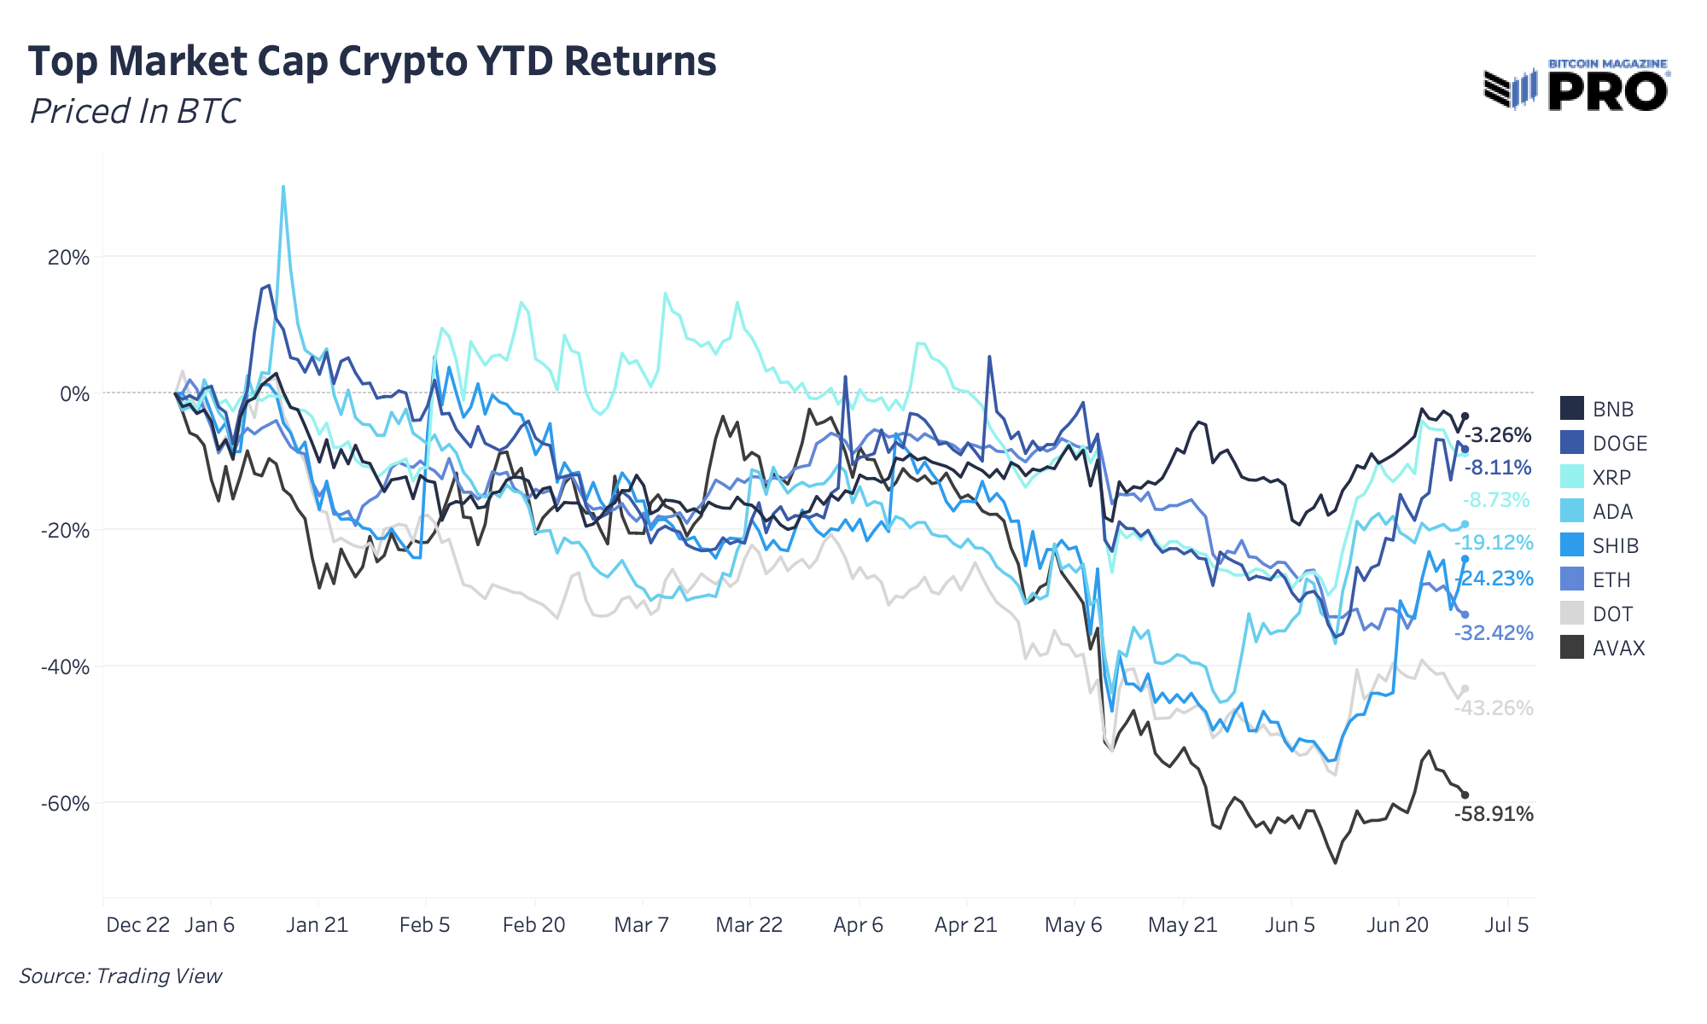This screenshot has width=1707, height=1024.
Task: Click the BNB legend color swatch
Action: [1572, 409]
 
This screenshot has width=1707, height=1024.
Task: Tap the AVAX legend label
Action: [1618, 648]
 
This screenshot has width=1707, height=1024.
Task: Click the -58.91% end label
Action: [1494, 814]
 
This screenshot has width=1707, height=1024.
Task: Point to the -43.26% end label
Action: [1494, 708]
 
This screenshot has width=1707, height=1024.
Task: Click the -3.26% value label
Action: [1497, 435]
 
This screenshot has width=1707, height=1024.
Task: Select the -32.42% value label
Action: [1494, 633]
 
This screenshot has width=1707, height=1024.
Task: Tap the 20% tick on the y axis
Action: [68, 257]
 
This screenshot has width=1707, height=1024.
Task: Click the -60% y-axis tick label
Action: [65, 803]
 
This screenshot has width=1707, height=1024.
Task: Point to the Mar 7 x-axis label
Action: [641, 925]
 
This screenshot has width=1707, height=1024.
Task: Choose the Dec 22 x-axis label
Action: [137, 925]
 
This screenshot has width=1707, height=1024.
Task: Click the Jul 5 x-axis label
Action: [1506, 925]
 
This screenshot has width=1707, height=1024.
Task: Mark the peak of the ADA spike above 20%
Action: [283, 187]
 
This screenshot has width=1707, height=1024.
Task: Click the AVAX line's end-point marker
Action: [1465, 794]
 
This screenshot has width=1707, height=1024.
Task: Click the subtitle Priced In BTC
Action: [135, 111]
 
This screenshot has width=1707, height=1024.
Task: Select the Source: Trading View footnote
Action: [120, 975]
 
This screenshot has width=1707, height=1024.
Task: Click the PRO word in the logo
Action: [1607, 92]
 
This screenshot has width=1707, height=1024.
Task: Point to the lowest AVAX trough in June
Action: [1335, 863]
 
